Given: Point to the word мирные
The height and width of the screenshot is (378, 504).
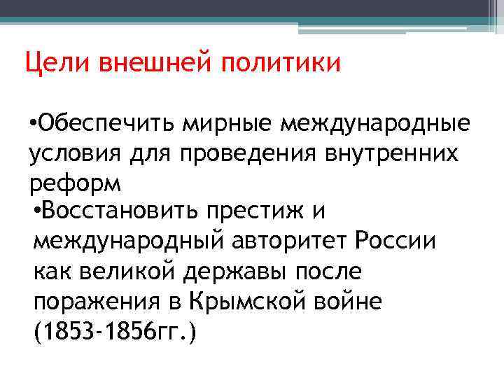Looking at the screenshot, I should coord(213,125).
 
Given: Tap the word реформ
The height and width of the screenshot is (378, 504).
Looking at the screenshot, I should coord(76,183).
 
